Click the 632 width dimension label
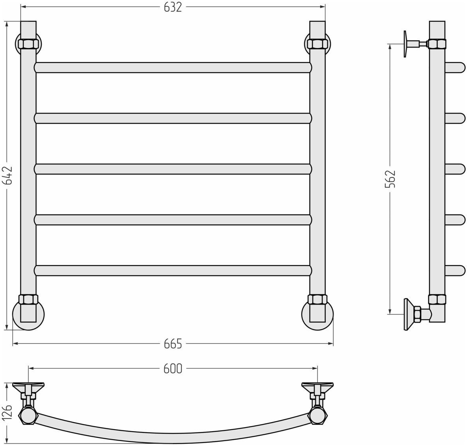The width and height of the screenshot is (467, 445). [173, 7]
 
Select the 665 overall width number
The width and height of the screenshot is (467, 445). [173, 344]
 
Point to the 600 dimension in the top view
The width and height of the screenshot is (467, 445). [173, 369]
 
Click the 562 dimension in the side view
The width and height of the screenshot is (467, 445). [390, 179]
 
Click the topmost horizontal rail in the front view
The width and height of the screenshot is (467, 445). [173, 67]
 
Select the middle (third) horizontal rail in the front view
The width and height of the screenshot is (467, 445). [173, 169]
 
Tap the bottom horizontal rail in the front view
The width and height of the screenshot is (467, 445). [173, 271]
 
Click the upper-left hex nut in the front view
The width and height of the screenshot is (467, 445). [28, 44]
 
